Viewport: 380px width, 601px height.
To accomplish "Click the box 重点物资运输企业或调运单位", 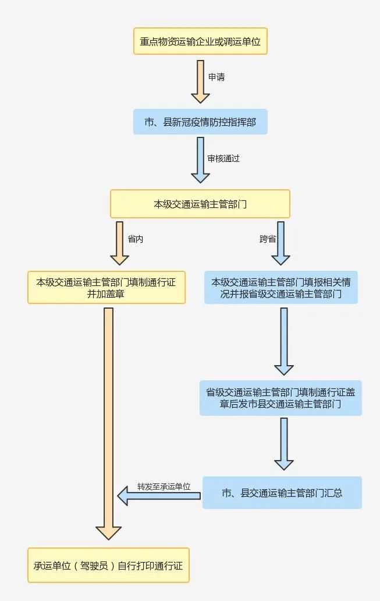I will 200,41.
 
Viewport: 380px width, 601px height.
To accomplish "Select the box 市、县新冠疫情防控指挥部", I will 200,122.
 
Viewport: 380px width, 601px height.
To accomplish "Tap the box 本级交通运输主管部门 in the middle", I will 200,204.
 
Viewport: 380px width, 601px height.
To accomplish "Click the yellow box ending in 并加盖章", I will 106,288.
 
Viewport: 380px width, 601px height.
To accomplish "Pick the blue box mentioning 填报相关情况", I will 280,288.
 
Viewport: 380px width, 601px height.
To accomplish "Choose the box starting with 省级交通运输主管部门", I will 280,398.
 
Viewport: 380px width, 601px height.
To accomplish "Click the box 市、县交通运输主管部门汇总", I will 282,493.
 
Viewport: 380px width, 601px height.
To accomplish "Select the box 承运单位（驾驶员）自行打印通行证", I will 108,565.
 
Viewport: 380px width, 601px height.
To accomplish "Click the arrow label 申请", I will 216,77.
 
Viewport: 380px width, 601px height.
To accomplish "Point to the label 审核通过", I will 223,158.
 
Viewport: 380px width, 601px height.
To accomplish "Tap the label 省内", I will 135,239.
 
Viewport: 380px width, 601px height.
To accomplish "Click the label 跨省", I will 268,239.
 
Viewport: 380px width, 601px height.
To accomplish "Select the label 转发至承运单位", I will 164,486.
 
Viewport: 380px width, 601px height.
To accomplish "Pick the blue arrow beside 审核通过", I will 200,160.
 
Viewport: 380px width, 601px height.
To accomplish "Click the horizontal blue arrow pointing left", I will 158,496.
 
